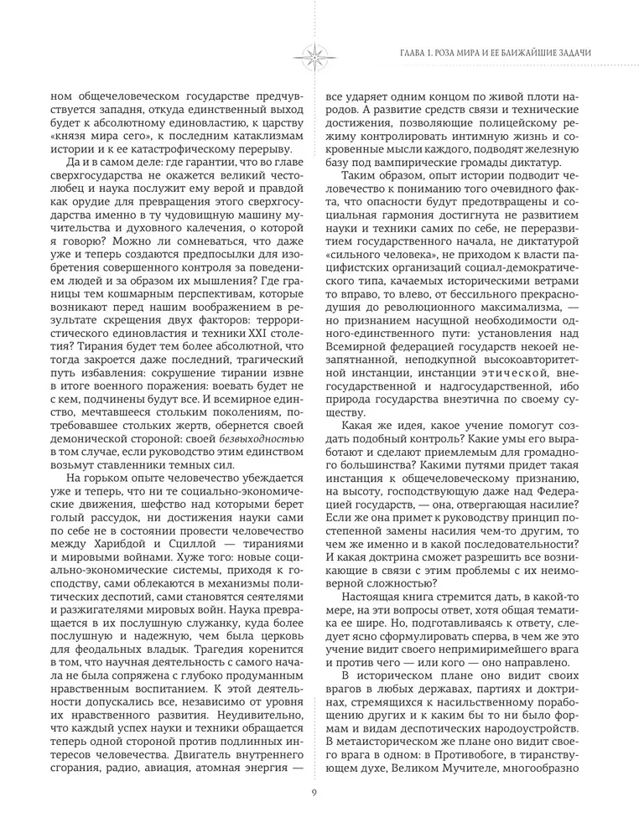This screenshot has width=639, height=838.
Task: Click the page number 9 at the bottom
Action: (x=313, y=794)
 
